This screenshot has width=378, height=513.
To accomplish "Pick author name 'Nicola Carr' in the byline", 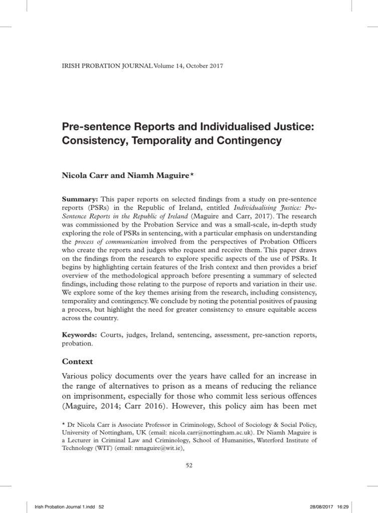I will pos(83,176).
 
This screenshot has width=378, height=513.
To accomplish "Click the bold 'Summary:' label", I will pos(78,199).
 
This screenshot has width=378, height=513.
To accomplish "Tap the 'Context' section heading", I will pos(78,361).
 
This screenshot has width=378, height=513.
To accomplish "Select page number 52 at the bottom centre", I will pos(189,465).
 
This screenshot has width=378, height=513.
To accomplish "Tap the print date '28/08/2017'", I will pos(332,507).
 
